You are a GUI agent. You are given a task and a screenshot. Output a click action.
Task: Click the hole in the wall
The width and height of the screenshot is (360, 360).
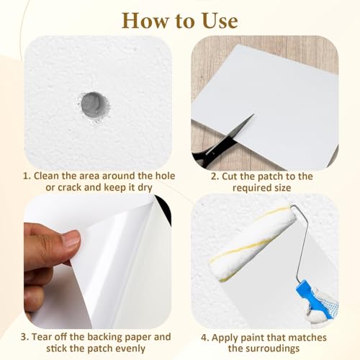pos(94,106)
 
